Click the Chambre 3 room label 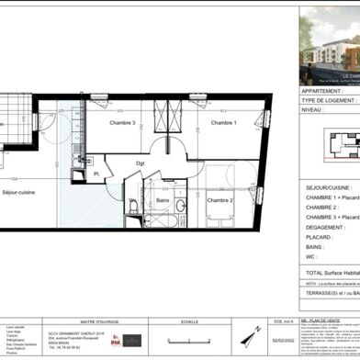pyautogui.click(x=123, y=123)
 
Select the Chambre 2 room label pyautogui.click(x=219, y=199)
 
